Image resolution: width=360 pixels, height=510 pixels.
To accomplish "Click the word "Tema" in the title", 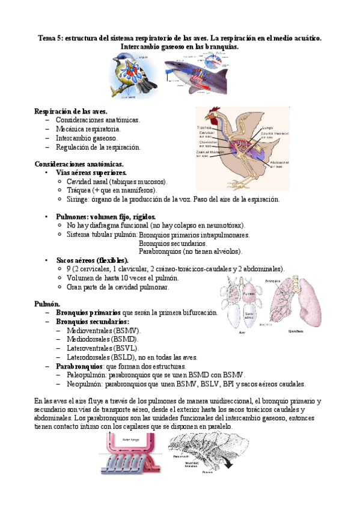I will coord(47,37).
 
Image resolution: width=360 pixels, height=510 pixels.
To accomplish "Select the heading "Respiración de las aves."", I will coord(71,111).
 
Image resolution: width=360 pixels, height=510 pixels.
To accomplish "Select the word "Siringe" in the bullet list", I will coord(77,199).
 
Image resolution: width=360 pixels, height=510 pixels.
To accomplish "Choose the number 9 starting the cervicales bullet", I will coord(69,269).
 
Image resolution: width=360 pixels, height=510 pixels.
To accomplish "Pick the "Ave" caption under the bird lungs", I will coord(242,332).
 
